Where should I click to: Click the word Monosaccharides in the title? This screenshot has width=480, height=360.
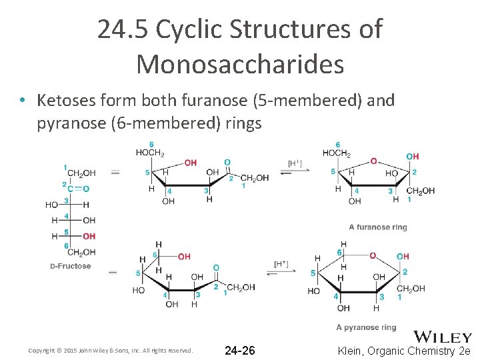pos(240,64)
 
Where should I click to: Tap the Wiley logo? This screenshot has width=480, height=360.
pos(443,337)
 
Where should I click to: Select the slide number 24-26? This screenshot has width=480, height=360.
pos(239,351)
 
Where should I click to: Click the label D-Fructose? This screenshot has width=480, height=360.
pos(70,267)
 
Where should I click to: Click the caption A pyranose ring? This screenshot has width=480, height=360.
pos(366,327)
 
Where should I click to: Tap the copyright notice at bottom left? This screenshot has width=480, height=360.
pos(111,351)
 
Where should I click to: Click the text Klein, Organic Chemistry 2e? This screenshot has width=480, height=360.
pos(405,351)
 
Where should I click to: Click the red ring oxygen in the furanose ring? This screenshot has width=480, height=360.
pos(373,161)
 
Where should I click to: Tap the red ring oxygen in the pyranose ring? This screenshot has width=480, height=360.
pos(373,255)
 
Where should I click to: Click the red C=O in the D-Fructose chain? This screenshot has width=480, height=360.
pos(82,188)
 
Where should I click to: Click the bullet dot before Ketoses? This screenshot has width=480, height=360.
pos(23,101)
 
